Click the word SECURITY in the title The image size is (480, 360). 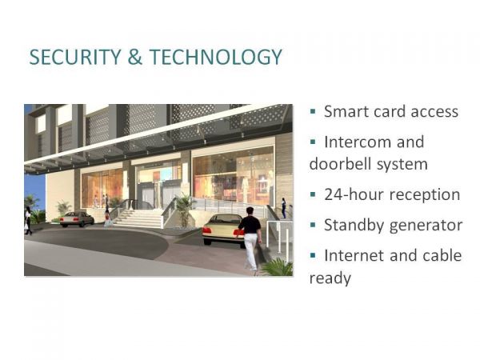(x=75, y=57)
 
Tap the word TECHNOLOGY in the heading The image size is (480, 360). (x=216, y=57)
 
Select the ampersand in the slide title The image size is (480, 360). (x=135, y=57)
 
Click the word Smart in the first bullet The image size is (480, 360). (x=346, y=111)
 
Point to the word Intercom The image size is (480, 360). (x=356, y=142)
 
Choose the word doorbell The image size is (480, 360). (x=340, y=164)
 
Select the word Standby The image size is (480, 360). (x=352, y=226)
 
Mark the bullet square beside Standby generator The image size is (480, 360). (x=313, y=226)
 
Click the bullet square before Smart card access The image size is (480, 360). (x=313, y=111)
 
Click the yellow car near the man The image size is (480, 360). (x=223, y=230)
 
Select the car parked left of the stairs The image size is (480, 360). (x=77, y=219)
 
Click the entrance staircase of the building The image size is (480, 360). (x=139, y=218)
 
